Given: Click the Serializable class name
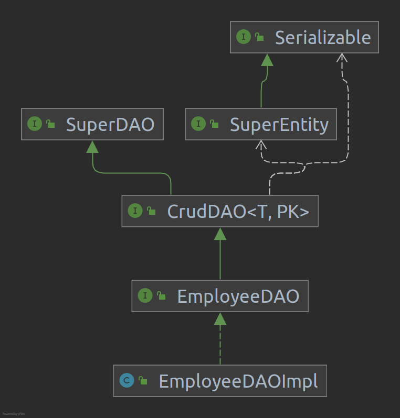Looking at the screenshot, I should coord(322,37).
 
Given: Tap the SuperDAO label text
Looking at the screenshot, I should coord(110,124).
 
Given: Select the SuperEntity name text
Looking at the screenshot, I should coord(279,124).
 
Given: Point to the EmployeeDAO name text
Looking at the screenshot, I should coord(238,296).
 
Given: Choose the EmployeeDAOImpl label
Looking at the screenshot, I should coord(238,381).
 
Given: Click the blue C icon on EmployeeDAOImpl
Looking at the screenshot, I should coord(127,381).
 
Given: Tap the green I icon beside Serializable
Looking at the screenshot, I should coord(244,37).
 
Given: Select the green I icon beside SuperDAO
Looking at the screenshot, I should coord(35,124).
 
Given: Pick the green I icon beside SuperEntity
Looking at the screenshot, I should coord(198,124).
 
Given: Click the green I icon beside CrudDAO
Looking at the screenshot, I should coord(135,211).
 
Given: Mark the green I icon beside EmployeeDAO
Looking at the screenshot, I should coord(145,296).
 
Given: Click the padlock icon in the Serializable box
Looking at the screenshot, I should coord(259,37).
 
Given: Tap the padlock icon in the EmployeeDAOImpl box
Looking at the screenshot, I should coord(143,381).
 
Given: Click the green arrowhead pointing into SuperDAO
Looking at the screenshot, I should coord(92,146).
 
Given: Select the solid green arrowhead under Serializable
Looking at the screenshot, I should coord(267,60).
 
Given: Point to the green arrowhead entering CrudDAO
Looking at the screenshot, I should coord(220,234).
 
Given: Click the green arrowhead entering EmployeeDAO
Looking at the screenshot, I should coord(220,318).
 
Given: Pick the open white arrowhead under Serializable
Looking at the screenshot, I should coord(342,58).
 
